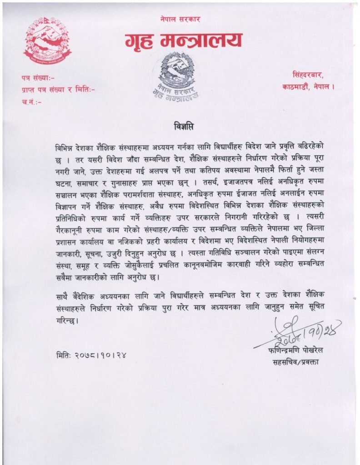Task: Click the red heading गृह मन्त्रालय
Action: [x=183, y=41]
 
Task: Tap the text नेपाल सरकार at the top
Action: [x=180, y=20]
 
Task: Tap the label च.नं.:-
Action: [x=32, y=102]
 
